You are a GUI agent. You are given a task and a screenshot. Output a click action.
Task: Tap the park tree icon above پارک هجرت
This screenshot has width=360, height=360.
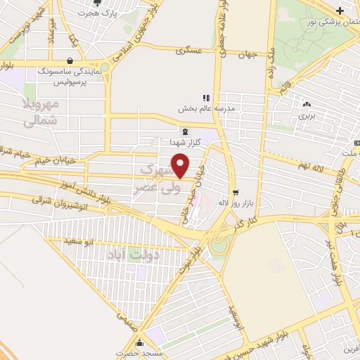pyautogui.click(x=107, y=4)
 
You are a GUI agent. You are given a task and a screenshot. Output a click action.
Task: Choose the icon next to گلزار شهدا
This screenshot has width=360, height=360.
pyautogui.click(x=184, y=131)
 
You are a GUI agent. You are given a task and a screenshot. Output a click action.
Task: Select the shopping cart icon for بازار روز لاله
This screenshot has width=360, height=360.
pyautogui.click(x=236, y=191)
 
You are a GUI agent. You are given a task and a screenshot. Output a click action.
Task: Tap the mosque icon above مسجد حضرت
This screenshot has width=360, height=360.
pyautogui.click(x=140, y=342)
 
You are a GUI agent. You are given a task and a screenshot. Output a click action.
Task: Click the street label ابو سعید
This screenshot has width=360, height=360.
pyautogui.click(x=78, y=243)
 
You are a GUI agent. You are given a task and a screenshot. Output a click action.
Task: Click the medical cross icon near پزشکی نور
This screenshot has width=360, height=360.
pyautogui.click(x=340, y=10)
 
